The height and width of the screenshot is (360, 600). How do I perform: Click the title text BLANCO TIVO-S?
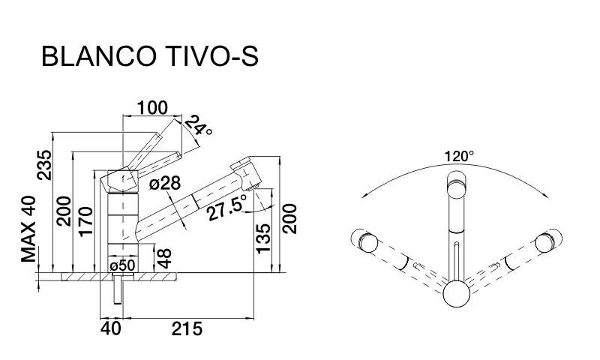pos(150,56)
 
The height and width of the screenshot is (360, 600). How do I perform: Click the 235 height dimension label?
pos(44,165)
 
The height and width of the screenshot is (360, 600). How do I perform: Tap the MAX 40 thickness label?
pos(28,229)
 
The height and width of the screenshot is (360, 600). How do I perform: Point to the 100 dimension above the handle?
pos(152,108)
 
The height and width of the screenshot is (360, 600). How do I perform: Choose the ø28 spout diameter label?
pos(164,183)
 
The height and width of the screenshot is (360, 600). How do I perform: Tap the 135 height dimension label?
pos(263,238)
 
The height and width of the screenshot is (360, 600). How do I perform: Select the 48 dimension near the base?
pos(165,258)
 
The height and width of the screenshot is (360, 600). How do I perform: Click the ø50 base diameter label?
pos(122,265)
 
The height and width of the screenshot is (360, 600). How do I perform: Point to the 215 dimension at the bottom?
pos(187,328)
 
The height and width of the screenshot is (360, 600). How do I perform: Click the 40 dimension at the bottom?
pos(111,328)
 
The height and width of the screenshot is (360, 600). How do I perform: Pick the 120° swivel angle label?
pos(459,156)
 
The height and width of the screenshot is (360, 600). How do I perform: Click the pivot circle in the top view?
pos(456,293)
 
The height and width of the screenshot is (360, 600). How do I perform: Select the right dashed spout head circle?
pos(547,242)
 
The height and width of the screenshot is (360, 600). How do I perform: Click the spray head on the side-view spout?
pos(246,173)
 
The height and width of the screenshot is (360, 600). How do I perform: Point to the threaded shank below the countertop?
pos(118,289)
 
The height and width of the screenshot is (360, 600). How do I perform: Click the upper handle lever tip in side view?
pos(157,137)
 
